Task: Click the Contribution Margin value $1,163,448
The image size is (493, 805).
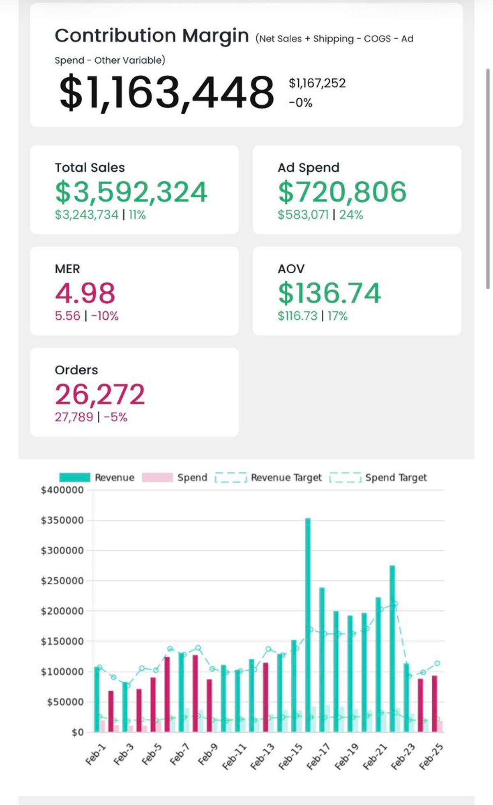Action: [166, 92]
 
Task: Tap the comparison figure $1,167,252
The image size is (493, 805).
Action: [317, 83]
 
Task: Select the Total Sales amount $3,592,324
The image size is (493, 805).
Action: [131, 192]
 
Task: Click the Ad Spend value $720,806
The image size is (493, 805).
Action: [342, 192]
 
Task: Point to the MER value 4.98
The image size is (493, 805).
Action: [85, 293]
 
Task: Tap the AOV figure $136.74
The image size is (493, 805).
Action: [329, 293]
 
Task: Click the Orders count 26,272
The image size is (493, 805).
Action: [100, 394]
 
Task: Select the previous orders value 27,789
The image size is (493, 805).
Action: [74, 417]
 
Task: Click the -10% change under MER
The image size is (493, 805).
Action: [105, 316]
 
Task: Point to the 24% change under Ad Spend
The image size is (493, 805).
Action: [351, 215]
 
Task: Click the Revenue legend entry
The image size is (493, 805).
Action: [97, 477]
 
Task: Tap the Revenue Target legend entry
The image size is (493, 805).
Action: [269, 477]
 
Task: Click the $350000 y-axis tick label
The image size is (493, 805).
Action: [62, 520]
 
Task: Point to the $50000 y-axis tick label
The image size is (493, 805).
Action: [65, 702]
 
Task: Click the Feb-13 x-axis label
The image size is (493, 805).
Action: [262, 756]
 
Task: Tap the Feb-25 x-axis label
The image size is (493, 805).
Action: [431, 756]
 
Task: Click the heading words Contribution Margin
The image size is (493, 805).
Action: [152, 36]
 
